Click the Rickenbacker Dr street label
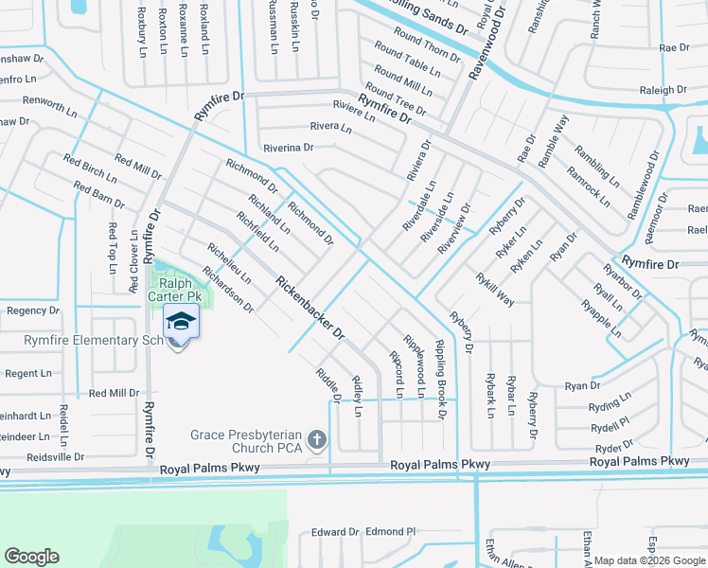(x=310, y=308)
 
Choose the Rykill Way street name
(x=495, y=289)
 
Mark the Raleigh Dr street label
(x=663, y=91)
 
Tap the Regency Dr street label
(x=33, y=311)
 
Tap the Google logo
(x=31, y=557)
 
